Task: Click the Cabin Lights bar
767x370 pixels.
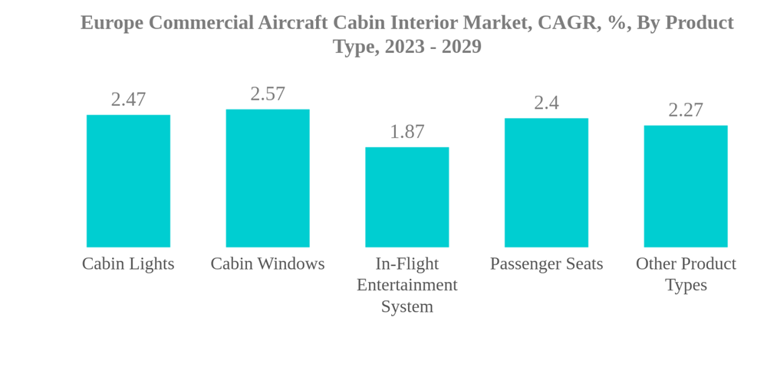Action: (128, 181)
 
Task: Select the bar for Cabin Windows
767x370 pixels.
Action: (268, 178)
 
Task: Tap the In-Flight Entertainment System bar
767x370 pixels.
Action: (407, 197)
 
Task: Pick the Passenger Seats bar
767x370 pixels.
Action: (546, 182)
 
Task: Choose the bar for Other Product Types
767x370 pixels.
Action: (686, 186)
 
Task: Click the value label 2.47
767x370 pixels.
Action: (128, 100)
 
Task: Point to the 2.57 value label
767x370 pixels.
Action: (268, 94)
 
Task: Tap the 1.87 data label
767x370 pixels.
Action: (407, 132)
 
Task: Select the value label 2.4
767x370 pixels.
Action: (546, 103)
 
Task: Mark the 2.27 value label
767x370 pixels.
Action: (686, 110)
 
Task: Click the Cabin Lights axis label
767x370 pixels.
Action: (128, 264)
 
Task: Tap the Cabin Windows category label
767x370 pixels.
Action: (268, 264)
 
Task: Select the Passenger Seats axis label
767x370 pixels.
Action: (546, 264)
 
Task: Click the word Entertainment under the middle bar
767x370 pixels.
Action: (407, 285)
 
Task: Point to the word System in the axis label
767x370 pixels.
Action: (407, 306)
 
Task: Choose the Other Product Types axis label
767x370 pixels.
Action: (686, 273)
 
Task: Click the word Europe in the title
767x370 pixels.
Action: (111, 23)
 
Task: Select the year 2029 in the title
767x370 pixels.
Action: (461, 47)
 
